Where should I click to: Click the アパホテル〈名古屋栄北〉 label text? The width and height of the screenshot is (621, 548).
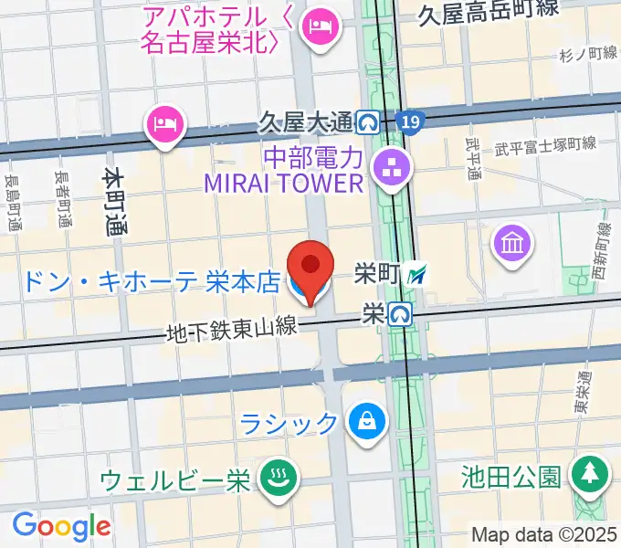pyautogui.click(x=208, y=29)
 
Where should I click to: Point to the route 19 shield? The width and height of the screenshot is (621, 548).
pyautogui.click(x=411, y=120)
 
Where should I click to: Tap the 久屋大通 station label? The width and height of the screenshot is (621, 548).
pyautogui.click(x=304, y=120)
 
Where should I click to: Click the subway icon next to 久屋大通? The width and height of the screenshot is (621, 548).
pyautogui.click(x=370, y=120)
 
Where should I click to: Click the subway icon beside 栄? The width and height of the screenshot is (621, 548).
pyautogui.click(x=400, y=314)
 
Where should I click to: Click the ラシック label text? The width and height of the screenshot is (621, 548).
pyautogui.click(x=290, y=423)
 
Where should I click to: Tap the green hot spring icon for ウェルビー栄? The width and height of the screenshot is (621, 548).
pyautogui.click(x=274, y=479)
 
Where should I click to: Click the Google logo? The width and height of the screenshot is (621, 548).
pyautogui.click(x=61, y=526)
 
